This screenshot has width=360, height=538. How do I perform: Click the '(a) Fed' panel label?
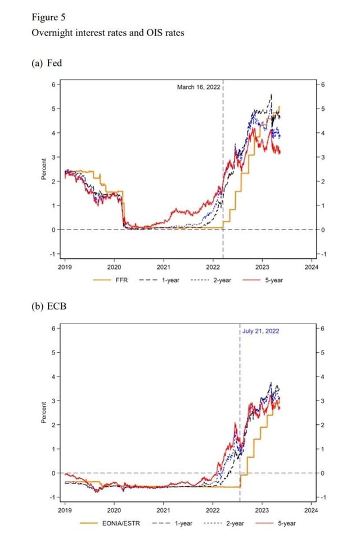(47, 63)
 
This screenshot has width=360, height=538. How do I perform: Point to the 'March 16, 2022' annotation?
(199, 87)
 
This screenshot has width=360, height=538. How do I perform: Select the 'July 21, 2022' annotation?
(260, 331)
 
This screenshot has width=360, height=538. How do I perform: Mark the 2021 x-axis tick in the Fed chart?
(164, 267)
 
